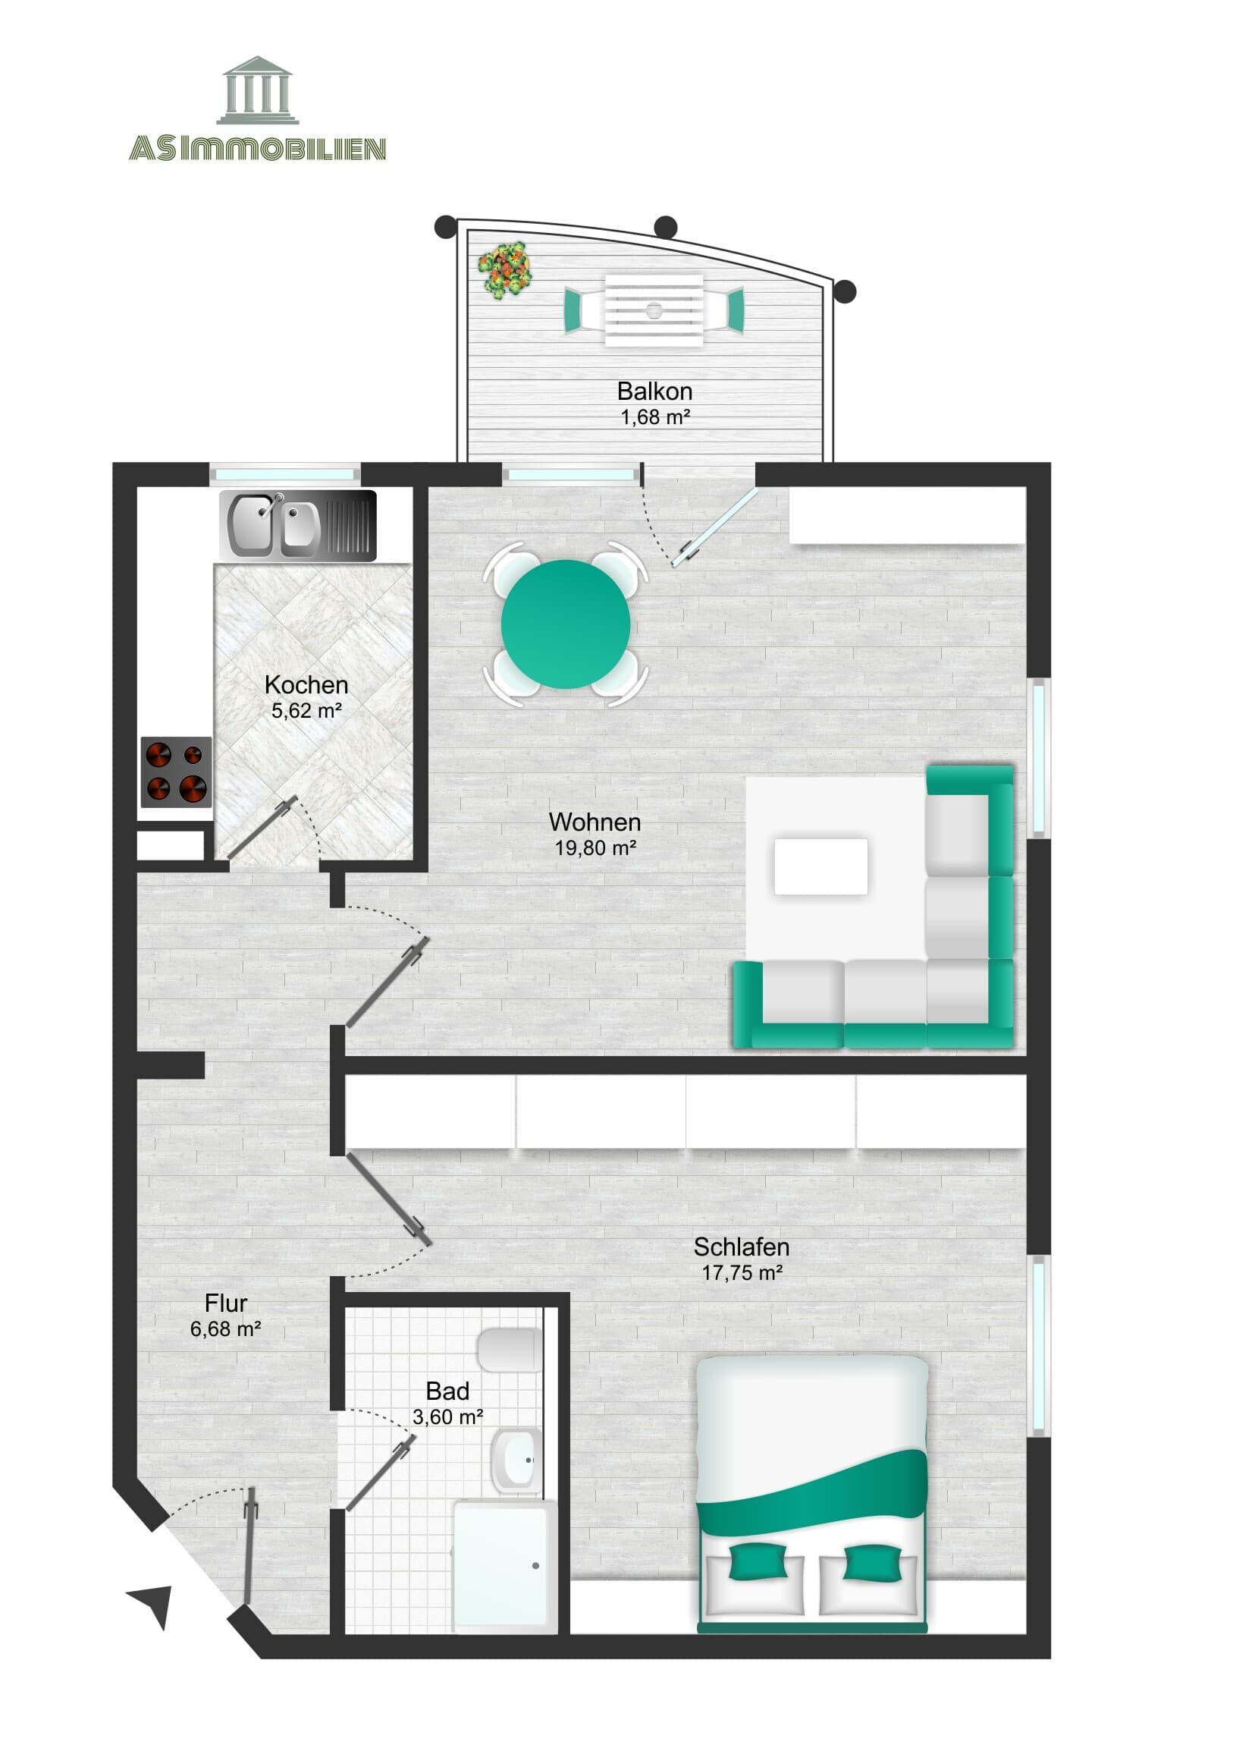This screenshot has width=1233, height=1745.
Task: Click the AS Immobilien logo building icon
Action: pos(258,90)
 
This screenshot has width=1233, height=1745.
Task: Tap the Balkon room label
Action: pos(654,391)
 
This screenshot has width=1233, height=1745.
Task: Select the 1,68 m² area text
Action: pos(655,417)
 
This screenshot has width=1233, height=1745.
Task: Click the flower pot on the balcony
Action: pos(504,269)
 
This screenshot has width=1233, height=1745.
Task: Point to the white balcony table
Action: pos(654,310)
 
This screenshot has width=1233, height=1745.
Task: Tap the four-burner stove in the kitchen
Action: pos(176,772)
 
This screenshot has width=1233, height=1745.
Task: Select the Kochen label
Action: pos(306,685)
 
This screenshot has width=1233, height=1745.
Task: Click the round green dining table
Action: pos(565,624)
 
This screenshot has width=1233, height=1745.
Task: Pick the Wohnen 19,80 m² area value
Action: pos(595,848)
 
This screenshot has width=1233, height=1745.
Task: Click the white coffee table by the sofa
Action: pos(820,866)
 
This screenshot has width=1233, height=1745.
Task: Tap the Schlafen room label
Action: pos(741,1247)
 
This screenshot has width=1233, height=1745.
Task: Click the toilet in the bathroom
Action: pos(510,1350)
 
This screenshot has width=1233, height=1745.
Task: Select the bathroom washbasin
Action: pos(516,1460)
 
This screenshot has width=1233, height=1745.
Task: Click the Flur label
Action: pos(226,1303)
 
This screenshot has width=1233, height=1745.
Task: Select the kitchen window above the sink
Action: pos(285,474)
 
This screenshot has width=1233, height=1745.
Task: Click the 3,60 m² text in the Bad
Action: pos(447,1417)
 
